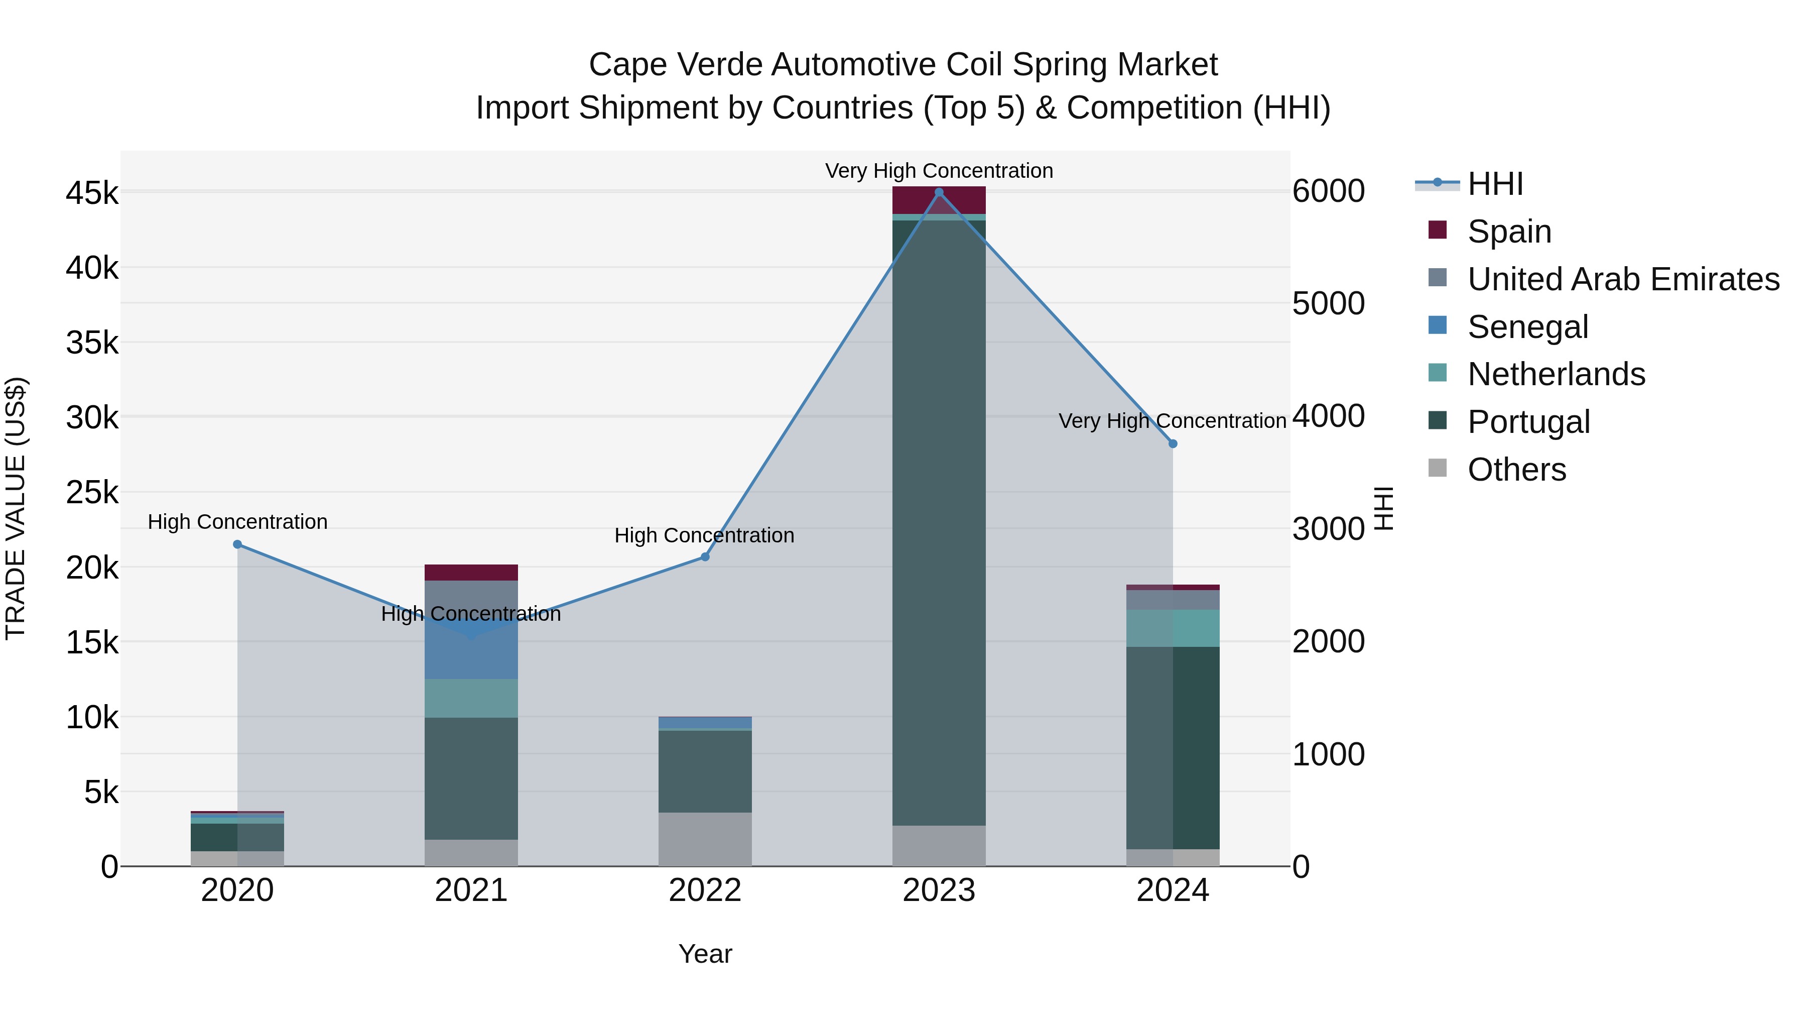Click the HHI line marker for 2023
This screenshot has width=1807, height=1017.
pyautogui.click(x=939, y=192)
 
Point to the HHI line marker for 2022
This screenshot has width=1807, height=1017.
pyautogui.click(x=705, y=557)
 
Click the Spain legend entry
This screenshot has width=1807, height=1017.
pyautogui.click(x=1508, y=232)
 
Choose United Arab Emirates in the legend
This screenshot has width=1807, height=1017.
pyautogui.click(x=1622, y=279)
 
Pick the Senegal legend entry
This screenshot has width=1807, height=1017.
pyautogui.click(x=1527, y=327)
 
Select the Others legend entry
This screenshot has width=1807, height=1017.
pyautogui.click(x=1516, y=470)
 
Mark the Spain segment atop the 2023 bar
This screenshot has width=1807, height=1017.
pyautogui.click(x=939, y=200)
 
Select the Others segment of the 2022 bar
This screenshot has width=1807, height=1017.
pyautogui.click(x=705, y=839)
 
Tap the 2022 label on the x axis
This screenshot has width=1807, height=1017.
pyautogui.click(x=705, y=890)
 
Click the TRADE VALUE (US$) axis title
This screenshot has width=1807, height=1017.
pyautogui.click(x=16, y=508)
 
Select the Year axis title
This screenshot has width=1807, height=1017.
pyautogui.click(x=705, y=954)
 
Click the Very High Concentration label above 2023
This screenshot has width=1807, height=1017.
pyautogui.click(x=939, y=171)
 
